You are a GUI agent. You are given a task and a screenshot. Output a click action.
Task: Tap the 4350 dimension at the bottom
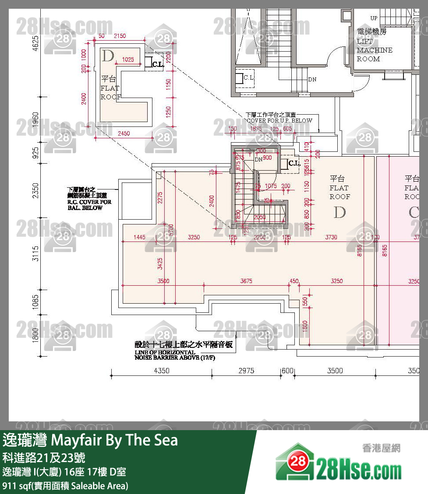(162, 371)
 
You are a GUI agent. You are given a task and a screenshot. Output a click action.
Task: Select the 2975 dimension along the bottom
(246, 371)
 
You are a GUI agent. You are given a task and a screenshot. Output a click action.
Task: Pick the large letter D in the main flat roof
(340, 213)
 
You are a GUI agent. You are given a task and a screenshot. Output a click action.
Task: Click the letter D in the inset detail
(108, 56)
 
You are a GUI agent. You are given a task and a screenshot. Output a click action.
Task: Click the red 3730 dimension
(331, 237)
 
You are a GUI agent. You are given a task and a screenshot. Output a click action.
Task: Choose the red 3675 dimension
(246, 281)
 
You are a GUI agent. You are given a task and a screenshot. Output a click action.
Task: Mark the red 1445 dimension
(139, 237)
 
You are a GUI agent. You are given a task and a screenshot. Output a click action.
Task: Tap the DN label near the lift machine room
(312, 79)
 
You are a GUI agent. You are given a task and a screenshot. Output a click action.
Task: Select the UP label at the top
(374, 18)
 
